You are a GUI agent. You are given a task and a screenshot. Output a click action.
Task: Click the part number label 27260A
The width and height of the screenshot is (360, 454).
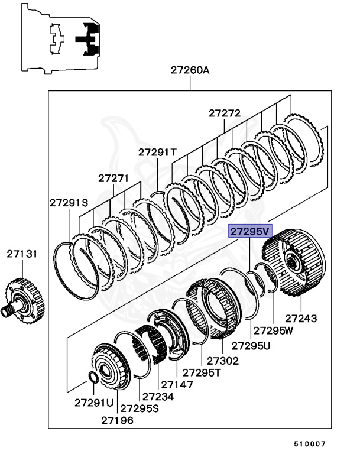point(190,70)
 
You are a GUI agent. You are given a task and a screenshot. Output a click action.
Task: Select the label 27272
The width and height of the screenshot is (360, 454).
point(225,113)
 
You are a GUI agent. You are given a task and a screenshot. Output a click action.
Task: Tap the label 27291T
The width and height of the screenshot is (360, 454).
point(157,152)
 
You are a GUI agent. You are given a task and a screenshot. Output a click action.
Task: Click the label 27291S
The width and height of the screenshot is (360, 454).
point(69,202)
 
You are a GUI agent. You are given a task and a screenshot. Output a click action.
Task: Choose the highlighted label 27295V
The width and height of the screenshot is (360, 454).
point(249,231)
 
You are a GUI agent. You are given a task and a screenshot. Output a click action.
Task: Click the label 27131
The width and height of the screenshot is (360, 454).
point(22,254)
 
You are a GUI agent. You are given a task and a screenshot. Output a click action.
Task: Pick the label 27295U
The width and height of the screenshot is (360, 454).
point(251,345)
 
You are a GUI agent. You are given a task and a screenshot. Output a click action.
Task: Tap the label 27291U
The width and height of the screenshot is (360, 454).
point(93,403)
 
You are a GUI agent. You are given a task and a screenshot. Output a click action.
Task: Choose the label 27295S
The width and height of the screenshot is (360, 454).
point(140,408)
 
